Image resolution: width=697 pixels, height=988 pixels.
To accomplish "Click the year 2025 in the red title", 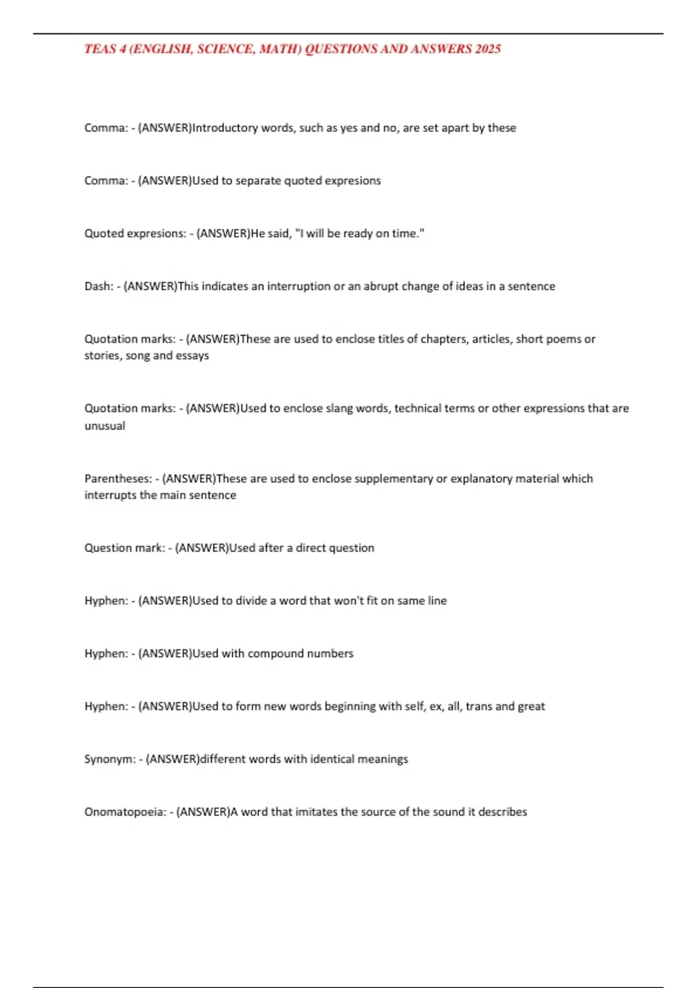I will (487, 49).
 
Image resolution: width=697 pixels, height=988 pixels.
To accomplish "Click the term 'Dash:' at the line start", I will (99, 287).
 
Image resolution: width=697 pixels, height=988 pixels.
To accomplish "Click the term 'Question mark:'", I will (124, 548).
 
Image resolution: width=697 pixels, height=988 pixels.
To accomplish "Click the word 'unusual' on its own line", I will (105, 426).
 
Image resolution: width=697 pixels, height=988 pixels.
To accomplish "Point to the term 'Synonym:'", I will (110, 760).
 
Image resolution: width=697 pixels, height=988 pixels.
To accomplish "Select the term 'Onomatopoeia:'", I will (125, 812).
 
